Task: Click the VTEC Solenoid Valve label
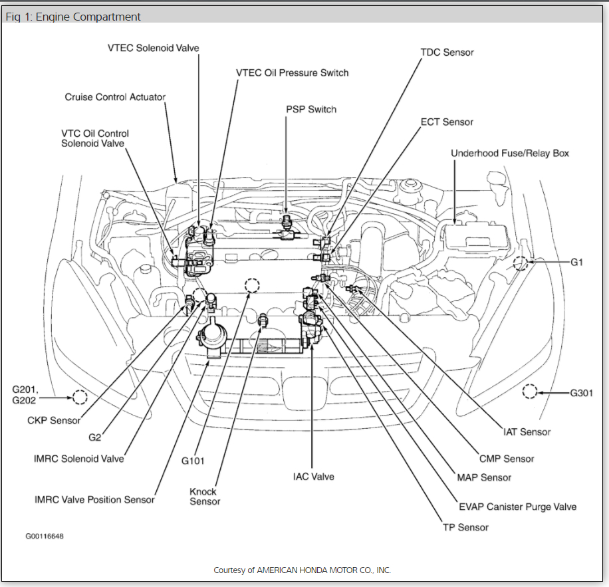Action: [153, 48]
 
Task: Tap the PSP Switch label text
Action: [311, 109]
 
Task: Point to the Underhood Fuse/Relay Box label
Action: [510, 153]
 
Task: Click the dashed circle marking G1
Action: [521, 263]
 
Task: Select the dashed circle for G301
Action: [530, 392]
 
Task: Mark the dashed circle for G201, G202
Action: [79, 398]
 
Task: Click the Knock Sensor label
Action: [205, 497]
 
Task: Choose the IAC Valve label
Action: [313, 477]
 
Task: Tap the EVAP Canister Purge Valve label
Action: [517, 507]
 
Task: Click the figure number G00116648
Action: [45, 535]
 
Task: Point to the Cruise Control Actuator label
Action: [115, 97]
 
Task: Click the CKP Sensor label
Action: [54, 420]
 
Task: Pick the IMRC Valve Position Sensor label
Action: [94, 499]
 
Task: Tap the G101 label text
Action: [193, 460]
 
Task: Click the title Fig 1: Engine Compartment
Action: [73, 17]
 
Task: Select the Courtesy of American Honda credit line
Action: [302, 570]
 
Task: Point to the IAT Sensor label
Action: [527, 432]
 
